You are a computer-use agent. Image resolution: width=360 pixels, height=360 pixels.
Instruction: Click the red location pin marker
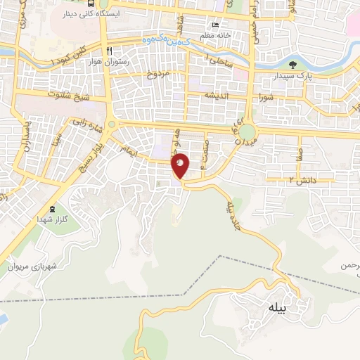pos(181,165)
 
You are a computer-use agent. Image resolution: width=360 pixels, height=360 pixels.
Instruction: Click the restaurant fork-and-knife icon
pos(110,51)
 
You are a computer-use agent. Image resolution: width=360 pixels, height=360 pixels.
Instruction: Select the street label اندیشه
pos(217,94)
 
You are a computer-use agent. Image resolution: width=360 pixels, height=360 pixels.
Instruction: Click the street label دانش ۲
pos(303,181)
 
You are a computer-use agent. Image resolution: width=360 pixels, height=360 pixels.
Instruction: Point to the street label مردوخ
pos(159,72)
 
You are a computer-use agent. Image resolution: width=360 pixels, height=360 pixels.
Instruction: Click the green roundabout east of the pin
pos(247,131)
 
